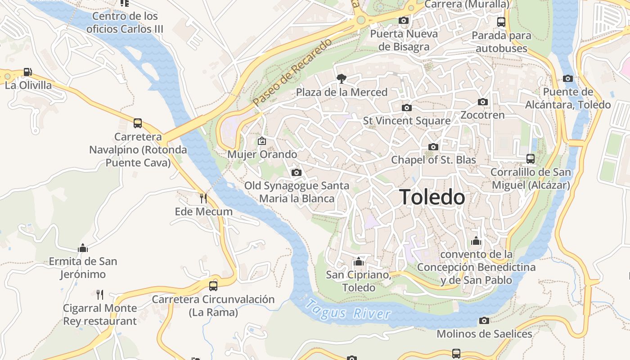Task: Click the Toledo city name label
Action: pyautogui.click(x=432, y=197)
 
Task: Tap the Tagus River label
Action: pyautogui.click(x=348, y=310)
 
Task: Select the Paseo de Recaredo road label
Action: pyautogui.click(x=292, y=73)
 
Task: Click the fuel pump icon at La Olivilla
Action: pyautogui.click(x=28, y=72)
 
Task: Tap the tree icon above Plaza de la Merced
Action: pyautogui.click(x=342, y=79)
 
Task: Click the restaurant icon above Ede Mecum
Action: pyautogui.click(x=203, y=198)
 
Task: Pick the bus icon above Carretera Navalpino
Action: pyautogui.click(x=138, y=123)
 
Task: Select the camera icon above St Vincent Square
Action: pyautogui.click(x=406, y=108)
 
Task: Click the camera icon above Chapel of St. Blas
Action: pyautogui.click(x=433, y=147)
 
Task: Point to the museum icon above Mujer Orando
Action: pyautogui.click(x=262, y=141)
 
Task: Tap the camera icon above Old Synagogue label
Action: pyautogui.click(x=296, y=172)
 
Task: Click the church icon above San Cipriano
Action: pyautogui.click(x=358, y=261)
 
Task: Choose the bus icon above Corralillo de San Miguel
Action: pyautogui.click(x=531, y=159)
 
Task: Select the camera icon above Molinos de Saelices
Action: pyautogui.click(x=484, y=320)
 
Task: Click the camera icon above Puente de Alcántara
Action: pyautogui.click(x=568, y=79)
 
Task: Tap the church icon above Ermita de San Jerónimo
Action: pyautogui.click(x=83, y=248)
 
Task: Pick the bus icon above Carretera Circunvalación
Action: pyautogui.click(x=213, y=286)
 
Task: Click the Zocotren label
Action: pyautogui.click(x=482, y=115)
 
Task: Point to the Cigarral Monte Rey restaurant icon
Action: pyautogui.click(x=100, y=295)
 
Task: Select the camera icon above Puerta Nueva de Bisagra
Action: pyautogui.click(x=404, y=21)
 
